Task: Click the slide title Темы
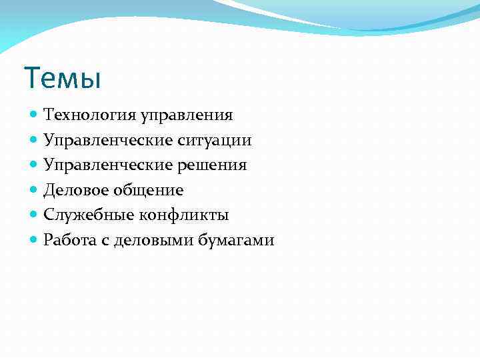click(x=62, y=78)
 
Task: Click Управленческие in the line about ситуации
click(x=106, y=140)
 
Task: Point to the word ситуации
click(x=213, y=140)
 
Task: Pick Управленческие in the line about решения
click(x=106, y=165)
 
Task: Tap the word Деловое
click(x=74, y=190)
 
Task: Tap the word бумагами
click(x=236, y=240)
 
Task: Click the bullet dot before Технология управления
click(x=35, y=115)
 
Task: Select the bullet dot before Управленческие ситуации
click(x=35, y=140)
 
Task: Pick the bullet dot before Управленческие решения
click(x=35, y=165)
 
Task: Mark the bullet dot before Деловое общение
click(x=35, y=190)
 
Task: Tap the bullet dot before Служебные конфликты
click(x=35, y=215)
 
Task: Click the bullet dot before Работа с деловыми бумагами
click(x=35, y=240)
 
